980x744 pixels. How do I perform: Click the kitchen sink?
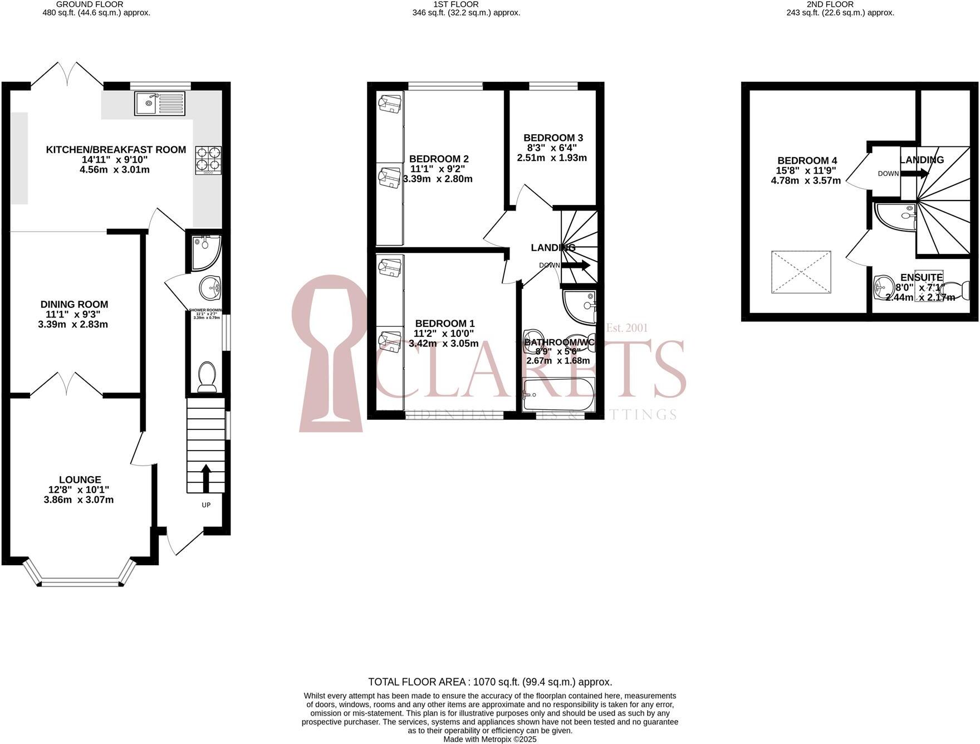coord(159,103)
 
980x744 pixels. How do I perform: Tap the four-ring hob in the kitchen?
coord(208,160)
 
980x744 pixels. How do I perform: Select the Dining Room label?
coord(74,304)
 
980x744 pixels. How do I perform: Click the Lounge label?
coord(80,479)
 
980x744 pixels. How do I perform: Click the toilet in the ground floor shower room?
coord(207,376)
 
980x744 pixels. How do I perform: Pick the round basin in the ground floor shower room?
coord(210,287)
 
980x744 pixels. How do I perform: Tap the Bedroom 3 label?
coord(553,138)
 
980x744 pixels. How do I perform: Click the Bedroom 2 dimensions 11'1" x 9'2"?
coord(437,169)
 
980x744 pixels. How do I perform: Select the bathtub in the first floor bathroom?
coord(558,394)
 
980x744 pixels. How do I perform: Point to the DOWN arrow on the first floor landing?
coord(576,265)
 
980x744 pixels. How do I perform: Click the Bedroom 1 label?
coord(444,323)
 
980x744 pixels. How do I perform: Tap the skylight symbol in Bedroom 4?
coord(801,272)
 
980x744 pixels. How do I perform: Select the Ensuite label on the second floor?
coord(922,277)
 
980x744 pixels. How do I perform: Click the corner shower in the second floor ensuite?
coord(894,216)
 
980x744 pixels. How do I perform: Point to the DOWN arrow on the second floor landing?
coord(914,173)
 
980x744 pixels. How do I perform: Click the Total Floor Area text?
coord(490,682)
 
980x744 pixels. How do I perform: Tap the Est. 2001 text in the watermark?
coord(627,328)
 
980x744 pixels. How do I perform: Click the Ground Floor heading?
coord(90,4)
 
